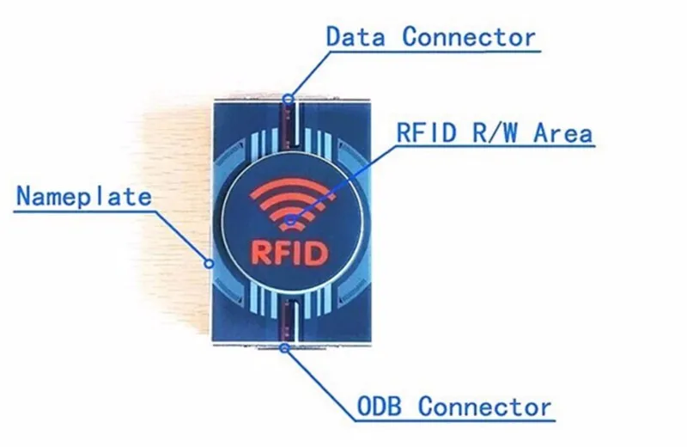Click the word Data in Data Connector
[x=356, y=36]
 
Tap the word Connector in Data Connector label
[x=469, y=36]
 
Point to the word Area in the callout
[x=563, y=132]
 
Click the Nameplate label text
[x=84, y=196]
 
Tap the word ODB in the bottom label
[x=379, y=407]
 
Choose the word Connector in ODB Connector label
[x=484, y=407]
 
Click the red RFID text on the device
[x=289, y=253]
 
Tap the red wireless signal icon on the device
[x=290, y=203]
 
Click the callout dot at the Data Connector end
[x=288, y=99]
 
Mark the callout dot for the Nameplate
[x=210, y=263]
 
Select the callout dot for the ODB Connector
[x=285, y=348]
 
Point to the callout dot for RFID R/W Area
[x=290, y=220]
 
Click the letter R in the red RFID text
[x=261, y=253]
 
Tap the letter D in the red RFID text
[x=315, y=253]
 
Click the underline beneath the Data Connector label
[x=435, y=52]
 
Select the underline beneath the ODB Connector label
[x=455, y=421]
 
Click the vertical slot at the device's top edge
[x=292, y=124]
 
